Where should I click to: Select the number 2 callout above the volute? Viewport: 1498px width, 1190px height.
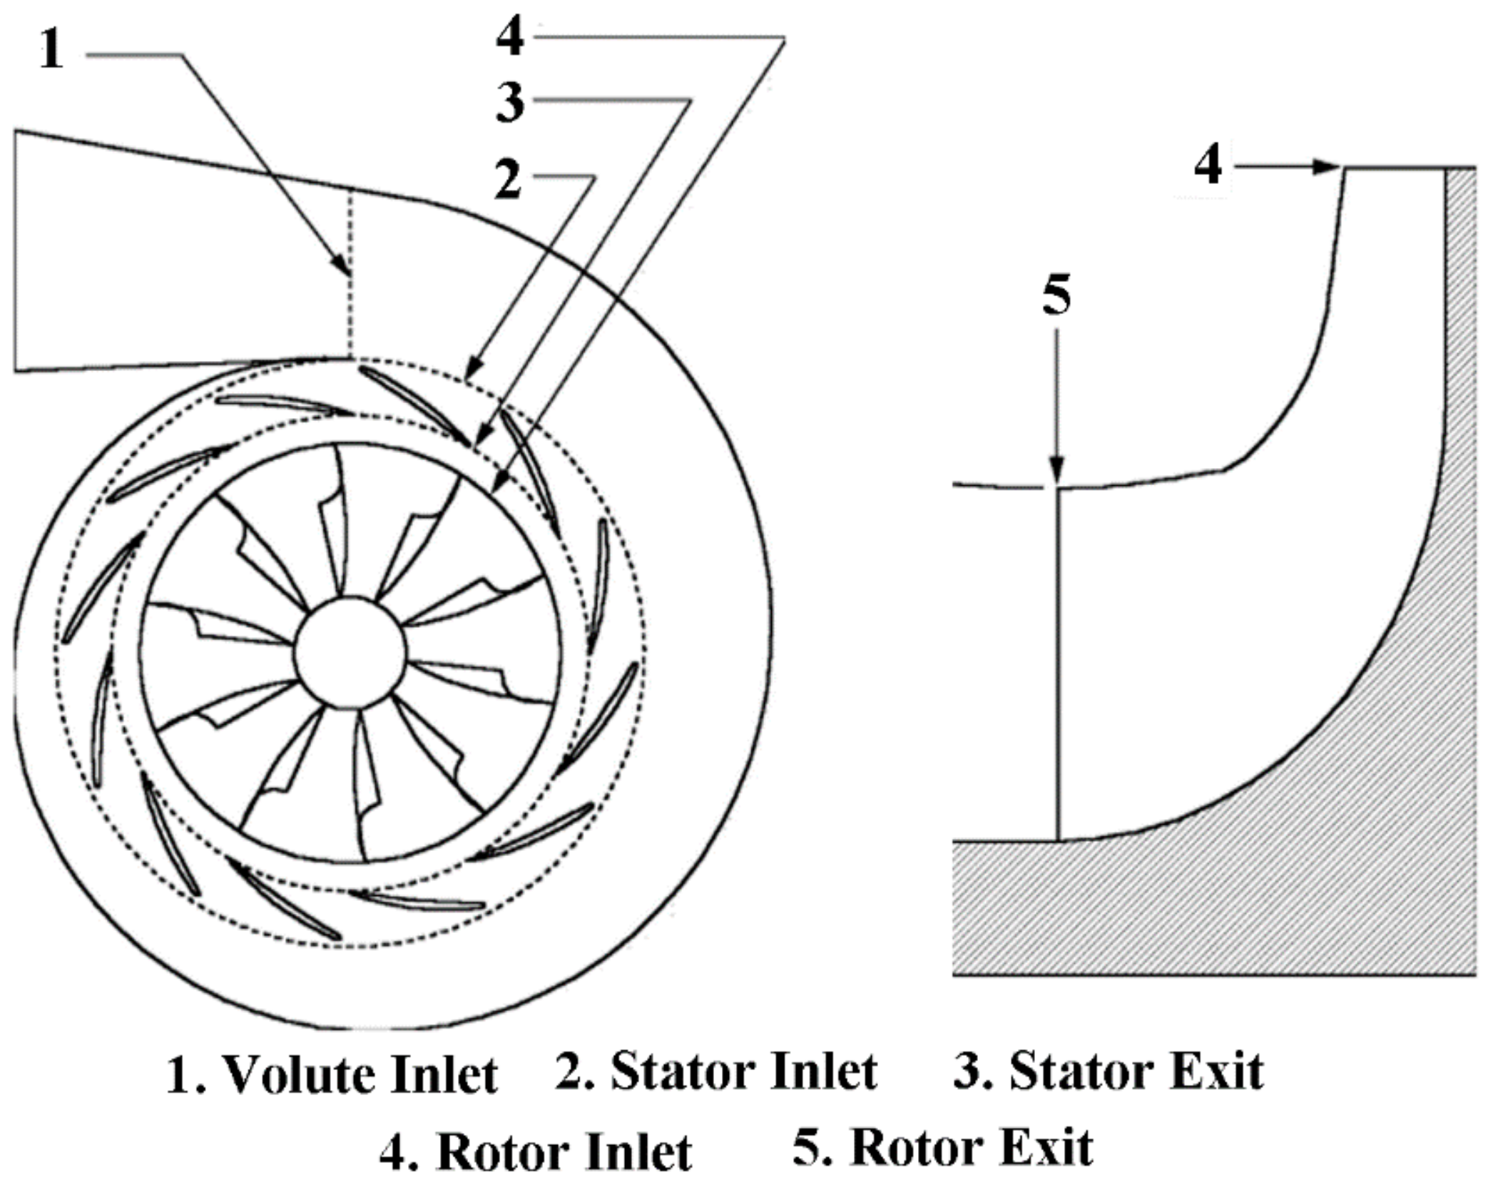(x=509, y=180)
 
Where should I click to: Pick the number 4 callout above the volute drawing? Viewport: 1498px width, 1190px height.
(x=510, y=36)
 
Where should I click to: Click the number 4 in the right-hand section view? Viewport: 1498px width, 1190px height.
(x=1208, y=166)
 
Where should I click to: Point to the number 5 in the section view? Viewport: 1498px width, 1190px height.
(x=1056, y=295)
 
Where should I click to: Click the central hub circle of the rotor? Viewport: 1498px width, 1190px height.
(x=350, y=652)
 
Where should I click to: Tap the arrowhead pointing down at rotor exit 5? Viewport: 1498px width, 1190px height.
(x=1057, y=471)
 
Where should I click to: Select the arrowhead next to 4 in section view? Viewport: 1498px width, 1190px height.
(x=1327, y=167)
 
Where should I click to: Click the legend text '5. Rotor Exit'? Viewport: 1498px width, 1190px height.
(x=942, y=1148)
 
